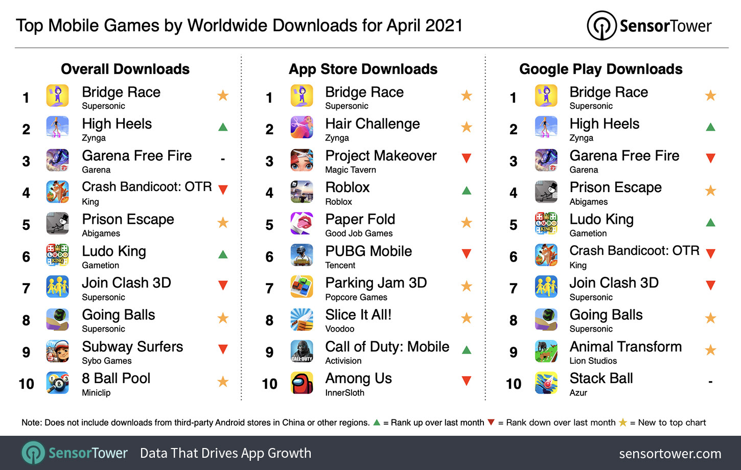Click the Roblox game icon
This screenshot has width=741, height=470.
point(302,192)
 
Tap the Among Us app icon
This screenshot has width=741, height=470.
point(302,383)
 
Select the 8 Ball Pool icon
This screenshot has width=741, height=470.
point(57,383)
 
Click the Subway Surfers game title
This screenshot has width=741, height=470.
point(132,347)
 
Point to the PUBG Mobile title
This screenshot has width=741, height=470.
point(368,251)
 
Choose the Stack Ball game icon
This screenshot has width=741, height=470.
point(546,383)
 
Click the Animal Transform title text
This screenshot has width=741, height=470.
point(626,347)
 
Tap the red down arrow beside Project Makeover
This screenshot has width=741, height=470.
point(466,158)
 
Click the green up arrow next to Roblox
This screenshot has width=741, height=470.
point(466,191)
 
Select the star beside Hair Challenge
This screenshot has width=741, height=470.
point(466,127)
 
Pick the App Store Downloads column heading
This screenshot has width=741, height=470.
point(363,69)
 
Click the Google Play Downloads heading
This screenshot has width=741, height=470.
point(600,69)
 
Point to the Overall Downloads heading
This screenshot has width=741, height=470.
point(125,69)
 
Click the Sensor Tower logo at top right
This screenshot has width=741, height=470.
point(649,26)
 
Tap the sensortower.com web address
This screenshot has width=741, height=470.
point(670,454)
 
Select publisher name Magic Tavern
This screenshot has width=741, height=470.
point(351,170)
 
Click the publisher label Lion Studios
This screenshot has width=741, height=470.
point(593,361)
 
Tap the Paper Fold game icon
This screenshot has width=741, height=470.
point(302,224)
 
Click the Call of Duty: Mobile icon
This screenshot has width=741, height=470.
point(302,351)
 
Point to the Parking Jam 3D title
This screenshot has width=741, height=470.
point(376,283)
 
